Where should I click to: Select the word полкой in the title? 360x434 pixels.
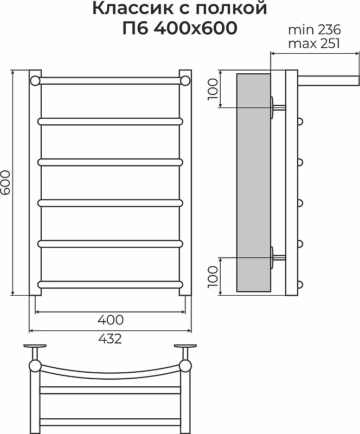[232, 9]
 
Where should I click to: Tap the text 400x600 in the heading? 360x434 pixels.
[195, 28]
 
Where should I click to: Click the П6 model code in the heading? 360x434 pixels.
[135, 28]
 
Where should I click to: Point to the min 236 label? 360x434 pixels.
[314, 30]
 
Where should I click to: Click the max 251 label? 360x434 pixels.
[314, 43]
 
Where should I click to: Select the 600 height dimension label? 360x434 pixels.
[5, 182]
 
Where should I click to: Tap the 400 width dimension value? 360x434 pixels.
[111, 320]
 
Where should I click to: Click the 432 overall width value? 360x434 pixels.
[110, 339]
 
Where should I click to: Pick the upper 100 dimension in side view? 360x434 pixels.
[213, 89]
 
